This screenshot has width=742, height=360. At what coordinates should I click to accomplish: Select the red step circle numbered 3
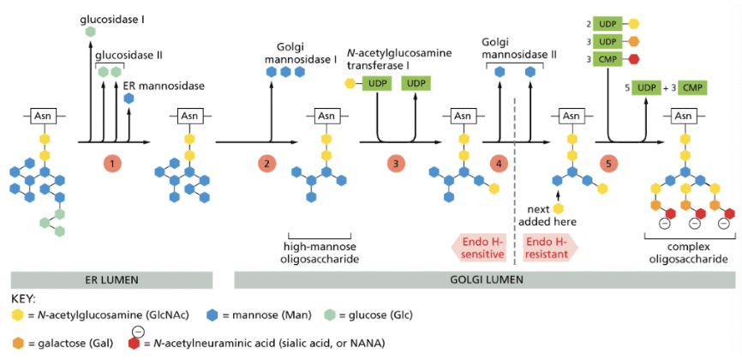(x=395, y=162)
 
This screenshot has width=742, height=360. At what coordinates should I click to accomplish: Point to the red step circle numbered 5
(x=609, y=162)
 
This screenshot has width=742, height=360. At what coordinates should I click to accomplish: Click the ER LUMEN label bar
(x=111, y=280)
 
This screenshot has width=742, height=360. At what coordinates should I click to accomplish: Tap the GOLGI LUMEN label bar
(x=485, y=280)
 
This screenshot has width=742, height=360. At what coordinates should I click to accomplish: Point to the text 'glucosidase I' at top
(x=113, y=18)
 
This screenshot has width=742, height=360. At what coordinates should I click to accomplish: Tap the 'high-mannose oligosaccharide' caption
(x=324, y=252)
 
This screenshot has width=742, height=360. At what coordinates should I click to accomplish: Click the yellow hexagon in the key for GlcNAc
(x=17, y=315)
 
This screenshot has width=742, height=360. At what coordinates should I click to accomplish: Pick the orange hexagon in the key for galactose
(x=17, y=343)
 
